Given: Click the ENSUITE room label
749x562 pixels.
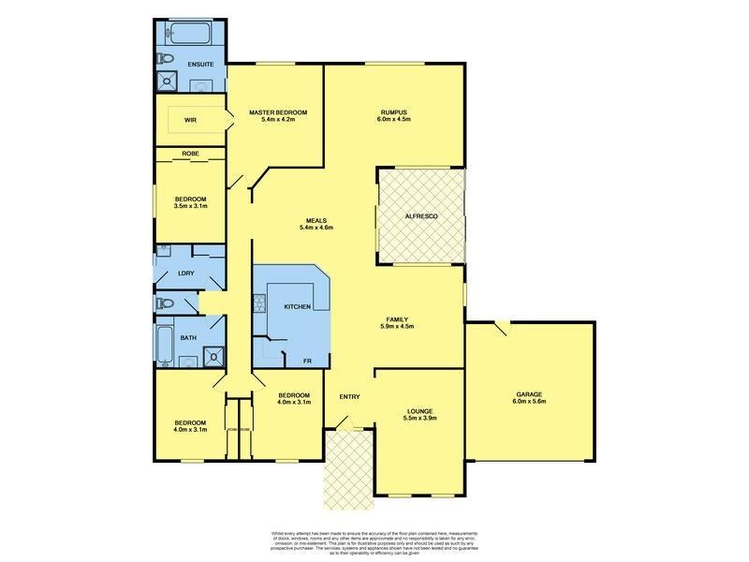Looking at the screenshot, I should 201,65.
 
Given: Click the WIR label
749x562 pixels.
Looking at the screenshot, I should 190,120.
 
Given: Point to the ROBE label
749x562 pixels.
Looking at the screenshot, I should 190,153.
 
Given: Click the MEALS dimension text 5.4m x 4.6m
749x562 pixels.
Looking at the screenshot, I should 316,228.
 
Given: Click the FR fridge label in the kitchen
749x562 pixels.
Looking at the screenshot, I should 305,360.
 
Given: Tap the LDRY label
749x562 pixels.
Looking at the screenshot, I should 185,273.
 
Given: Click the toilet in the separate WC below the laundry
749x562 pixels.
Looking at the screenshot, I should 166,303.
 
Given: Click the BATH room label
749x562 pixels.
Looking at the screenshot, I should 188,337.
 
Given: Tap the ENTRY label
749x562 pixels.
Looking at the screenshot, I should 349,397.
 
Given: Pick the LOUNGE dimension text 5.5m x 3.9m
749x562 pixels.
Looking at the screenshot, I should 419,419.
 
